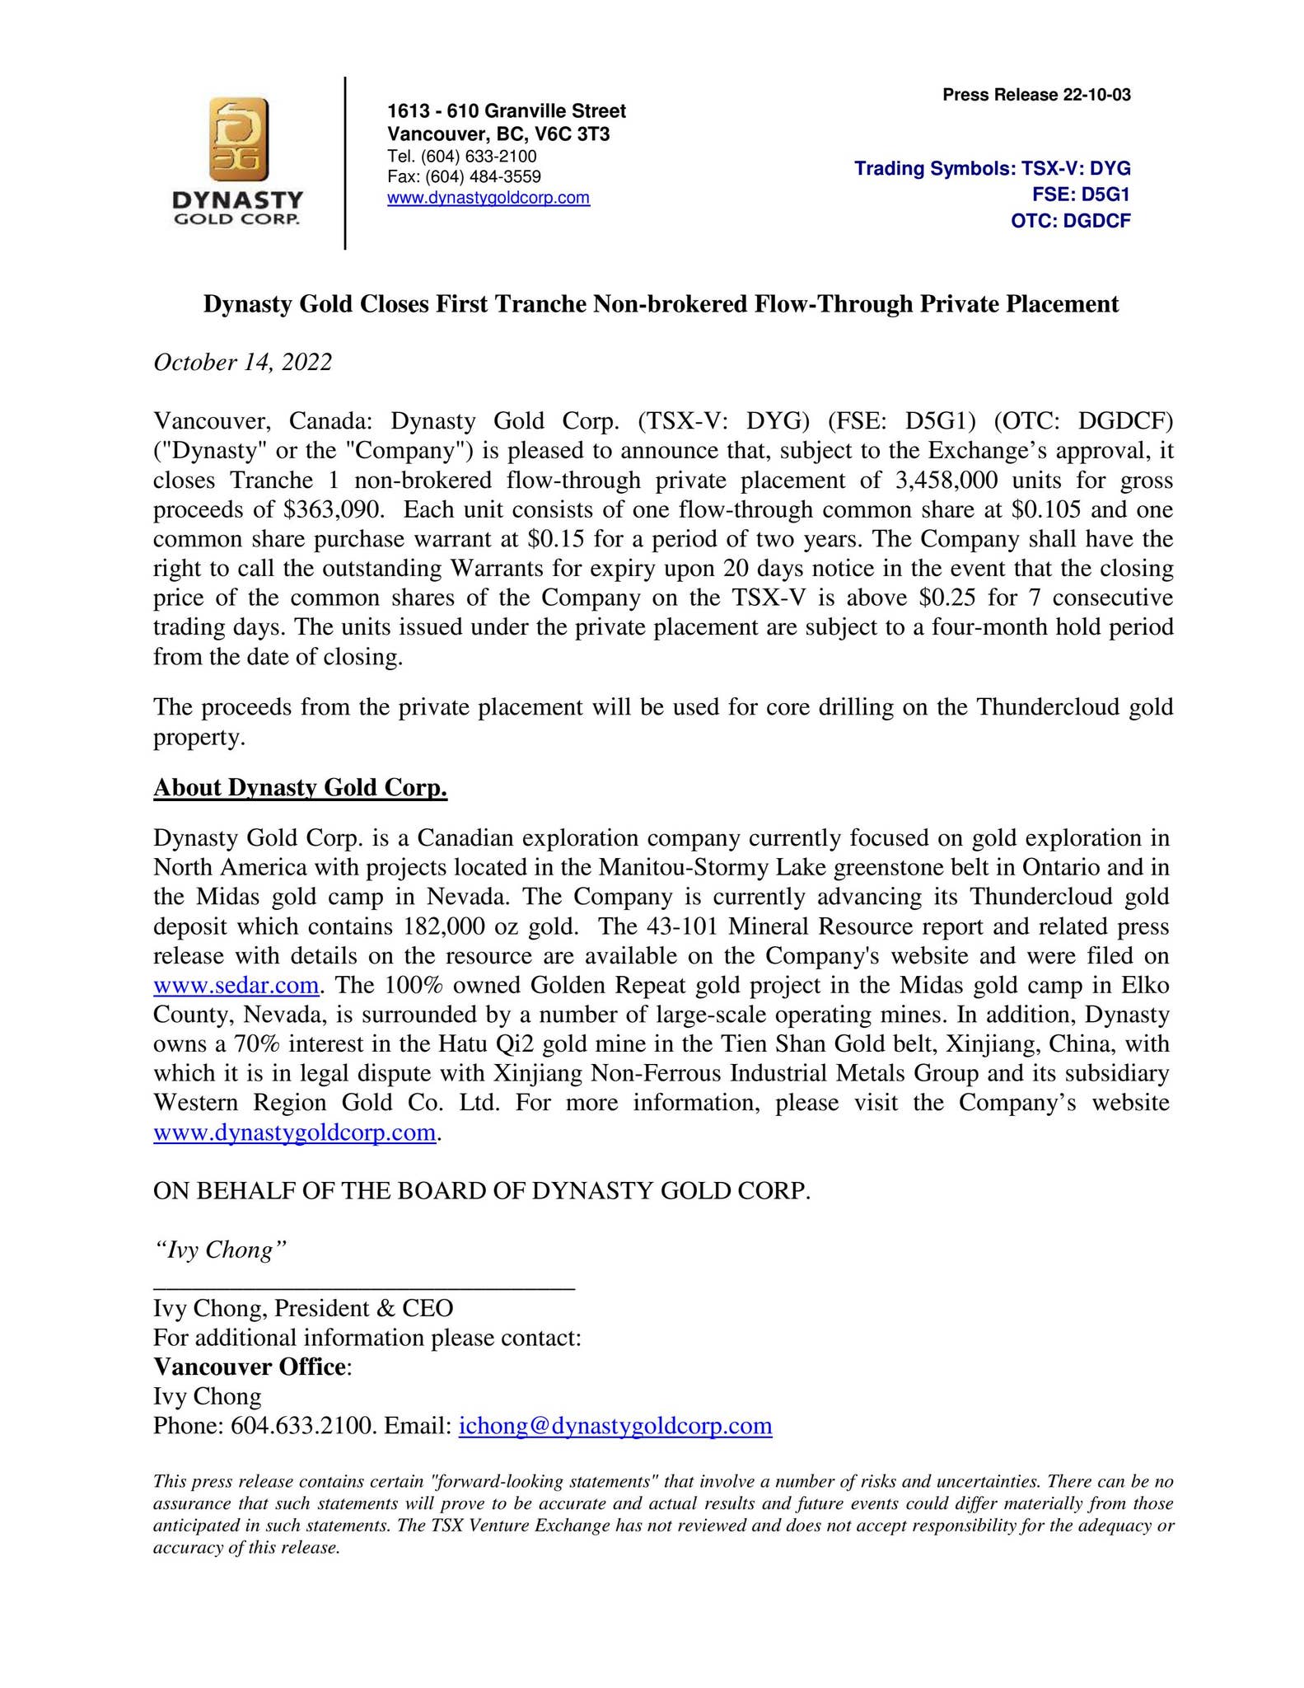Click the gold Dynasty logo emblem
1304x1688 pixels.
pos(237,139)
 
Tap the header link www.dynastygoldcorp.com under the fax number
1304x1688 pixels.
pos(488,198)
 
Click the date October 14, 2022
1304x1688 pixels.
pos(243,362)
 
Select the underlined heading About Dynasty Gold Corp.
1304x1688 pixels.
pos(300,788)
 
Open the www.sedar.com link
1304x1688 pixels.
pos(236,985)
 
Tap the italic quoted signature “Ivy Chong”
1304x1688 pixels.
pos(220,1250)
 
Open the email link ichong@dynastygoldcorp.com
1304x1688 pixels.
pos(615,1426)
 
